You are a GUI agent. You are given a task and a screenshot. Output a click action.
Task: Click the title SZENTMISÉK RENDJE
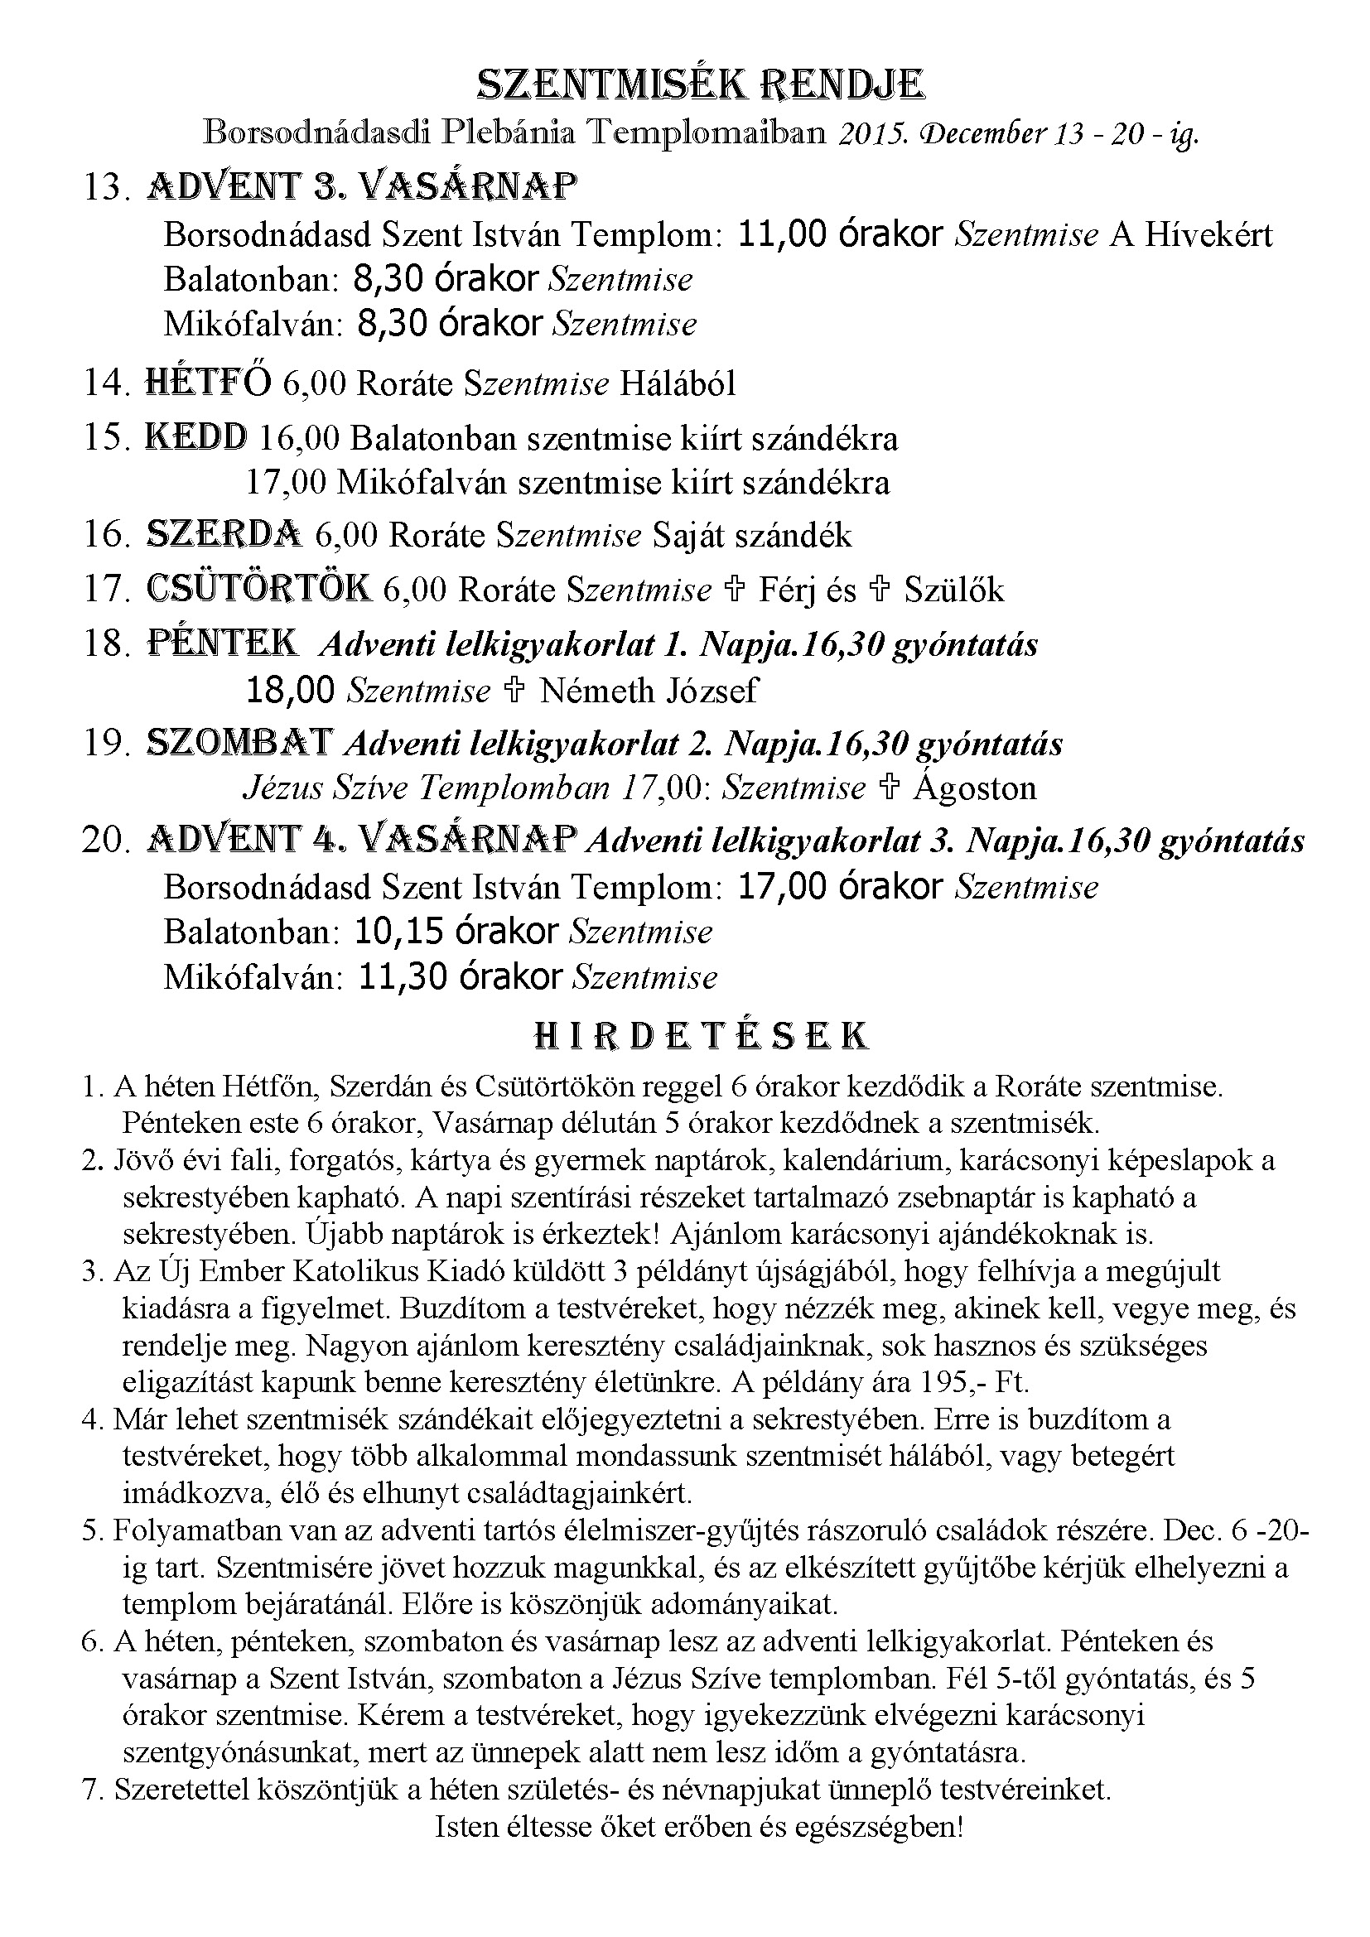(x=701, y=85)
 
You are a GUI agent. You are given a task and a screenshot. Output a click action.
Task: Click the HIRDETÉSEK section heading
(x=701, y=1036)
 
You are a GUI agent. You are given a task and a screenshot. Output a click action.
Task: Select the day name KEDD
(x=196, y=437)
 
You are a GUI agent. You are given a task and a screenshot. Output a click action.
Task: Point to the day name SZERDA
(x=224, y=534)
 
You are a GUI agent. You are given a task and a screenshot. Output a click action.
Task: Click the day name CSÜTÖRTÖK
(x=258, y=589)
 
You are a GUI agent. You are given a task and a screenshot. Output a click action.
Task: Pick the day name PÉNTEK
(x=222, y=643)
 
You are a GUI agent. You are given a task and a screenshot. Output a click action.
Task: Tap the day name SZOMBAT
(x=239, y=742)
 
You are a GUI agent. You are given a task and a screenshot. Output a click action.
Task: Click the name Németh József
(x=648, y=691)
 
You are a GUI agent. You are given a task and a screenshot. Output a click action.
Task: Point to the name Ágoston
(x=973, y=788)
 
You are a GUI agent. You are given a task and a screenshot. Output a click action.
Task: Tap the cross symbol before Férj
(x=734, y=590)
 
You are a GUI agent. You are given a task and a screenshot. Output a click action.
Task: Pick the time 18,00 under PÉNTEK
(x=290, y=691)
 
